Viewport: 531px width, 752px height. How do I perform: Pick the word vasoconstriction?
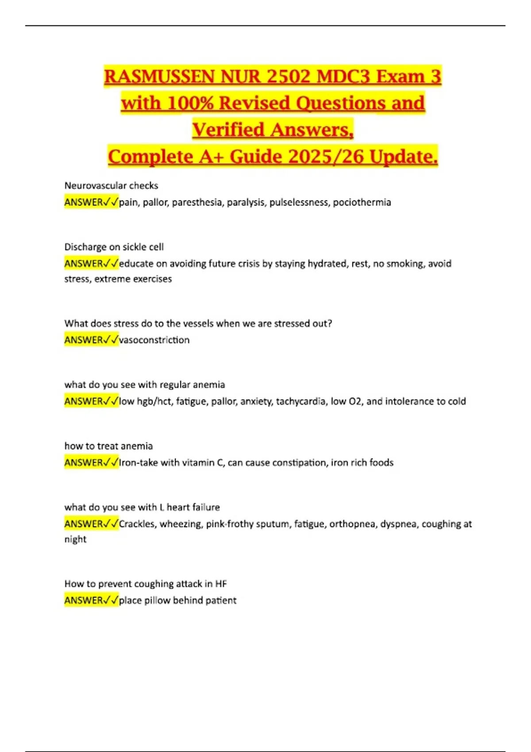point(154,340)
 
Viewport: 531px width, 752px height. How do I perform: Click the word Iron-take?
point(138,462)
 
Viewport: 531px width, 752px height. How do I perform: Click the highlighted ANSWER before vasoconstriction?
point(84,340)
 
